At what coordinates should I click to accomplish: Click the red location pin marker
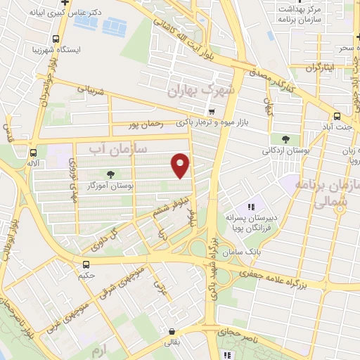(181, 165)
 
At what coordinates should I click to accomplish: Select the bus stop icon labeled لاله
(33, 152)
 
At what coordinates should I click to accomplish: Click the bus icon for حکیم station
(86, 264)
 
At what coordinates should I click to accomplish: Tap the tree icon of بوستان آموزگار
(109, 174)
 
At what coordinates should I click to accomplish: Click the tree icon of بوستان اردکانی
(285, 139)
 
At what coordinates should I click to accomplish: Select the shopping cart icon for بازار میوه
(210, 112)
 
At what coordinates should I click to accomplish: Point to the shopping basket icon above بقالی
(172, 330)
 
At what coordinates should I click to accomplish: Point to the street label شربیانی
(90, 91)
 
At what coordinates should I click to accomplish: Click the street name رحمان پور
(146, 125)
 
